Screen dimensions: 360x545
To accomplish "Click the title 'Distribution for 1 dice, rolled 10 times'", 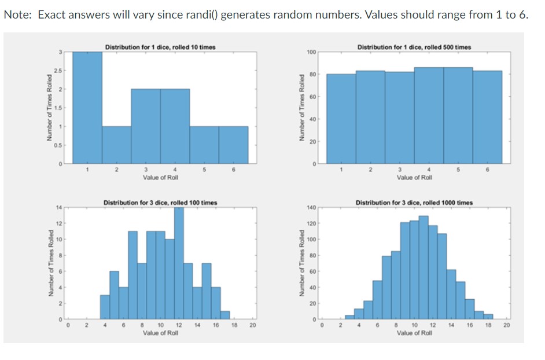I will pos(160,47).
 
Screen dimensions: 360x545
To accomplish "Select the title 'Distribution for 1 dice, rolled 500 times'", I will pos(414,47).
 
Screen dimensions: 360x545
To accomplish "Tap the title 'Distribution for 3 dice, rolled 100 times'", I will pos(160,203).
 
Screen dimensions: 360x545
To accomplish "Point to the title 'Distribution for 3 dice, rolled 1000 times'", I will pos(414,203).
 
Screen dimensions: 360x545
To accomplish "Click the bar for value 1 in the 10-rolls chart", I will pos(87,110).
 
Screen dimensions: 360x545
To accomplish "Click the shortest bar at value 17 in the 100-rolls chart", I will pos(225,315).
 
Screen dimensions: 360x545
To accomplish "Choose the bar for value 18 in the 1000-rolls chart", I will pos(488,317).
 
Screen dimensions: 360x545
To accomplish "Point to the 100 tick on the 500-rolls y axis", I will pos(311,52).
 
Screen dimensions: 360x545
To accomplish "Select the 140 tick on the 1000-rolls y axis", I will pos(311,207).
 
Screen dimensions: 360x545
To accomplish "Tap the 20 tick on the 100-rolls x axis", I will pos(252,326).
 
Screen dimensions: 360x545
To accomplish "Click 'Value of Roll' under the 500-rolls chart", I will pos(414,177).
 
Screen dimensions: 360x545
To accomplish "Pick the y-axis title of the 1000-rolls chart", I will pos(301,263).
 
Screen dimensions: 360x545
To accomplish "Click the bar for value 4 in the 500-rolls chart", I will pos(429,116).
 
